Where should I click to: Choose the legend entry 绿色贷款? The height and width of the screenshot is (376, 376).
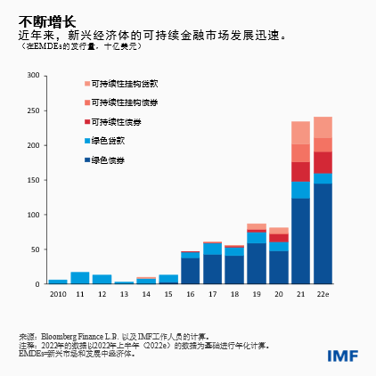pyautogui.click(x=107, y=141)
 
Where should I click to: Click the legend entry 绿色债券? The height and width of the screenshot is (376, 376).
pyautogui.click(x=107, y=159)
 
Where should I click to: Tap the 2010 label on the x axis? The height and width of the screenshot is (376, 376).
pyautogui.click(x=58, y=293)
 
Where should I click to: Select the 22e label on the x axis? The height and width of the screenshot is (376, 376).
pyautogui.click(x=323, y=293)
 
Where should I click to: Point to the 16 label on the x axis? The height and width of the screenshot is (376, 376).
pyautogui.click(x=191, y=293)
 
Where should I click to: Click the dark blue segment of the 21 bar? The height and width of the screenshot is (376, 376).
pyautogui.click(x=300, y=241)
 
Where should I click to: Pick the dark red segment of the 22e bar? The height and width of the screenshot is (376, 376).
pyautogui.click(x=323, y=161)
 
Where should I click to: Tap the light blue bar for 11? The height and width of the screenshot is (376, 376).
pyautogui.click(x=80, y=278)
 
